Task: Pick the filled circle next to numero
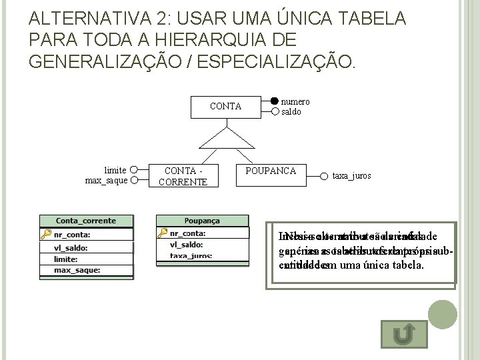(x=275, y=102)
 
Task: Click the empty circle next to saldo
(x=275, y=111)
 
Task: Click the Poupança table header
(x=201, y=221)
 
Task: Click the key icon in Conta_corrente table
(x=46, y=234)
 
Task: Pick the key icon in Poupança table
(x=162, y=234)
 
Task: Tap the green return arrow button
(x=406, y=334)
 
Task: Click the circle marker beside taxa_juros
(x=326, y=176)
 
